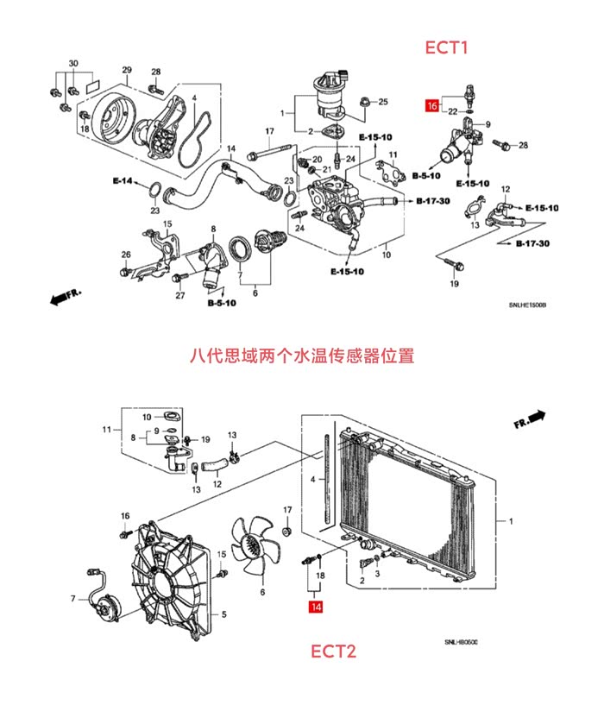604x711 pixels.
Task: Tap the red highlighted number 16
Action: tap(431, 106)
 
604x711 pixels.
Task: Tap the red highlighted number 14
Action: tap(316, 607)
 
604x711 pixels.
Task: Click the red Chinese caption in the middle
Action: tap(301, 355)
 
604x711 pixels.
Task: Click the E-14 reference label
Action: tap(123, 181)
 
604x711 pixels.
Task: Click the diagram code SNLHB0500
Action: tap(461, 643)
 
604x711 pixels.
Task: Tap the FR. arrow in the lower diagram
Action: tap(530, 419)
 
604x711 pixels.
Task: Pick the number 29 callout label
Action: tap(126, 70)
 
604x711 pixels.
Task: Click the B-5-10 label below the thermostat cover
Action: tap(221, 304)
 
